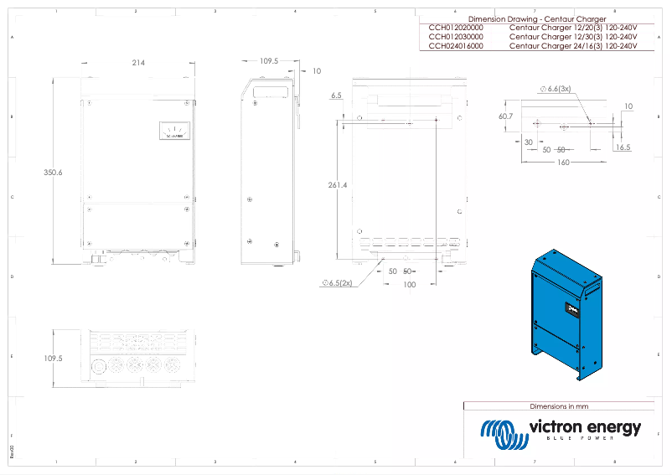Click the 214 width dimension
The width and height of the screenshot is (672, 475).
point(138,63)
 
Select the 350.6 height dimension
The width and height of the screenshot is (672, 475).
point(53,172)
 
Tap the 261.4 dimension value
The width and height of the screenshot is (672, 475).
point(338,184)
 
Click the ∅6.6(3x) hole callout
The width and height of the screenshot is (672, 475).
point(555,89)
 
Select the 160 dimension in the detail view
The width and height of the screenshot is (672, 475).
point(562,162)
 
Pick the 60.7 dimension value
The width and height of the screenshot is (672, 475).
point(505,116)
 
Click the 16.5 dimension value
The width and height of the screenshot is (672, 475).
point(623,147)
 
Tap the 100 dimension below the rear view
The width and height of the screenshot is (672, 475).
point(409,285)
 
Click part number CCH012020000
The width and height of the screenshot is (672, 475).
point(456,28)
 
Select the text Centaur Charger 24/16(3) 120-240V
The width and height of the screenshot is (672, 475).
point(573,47)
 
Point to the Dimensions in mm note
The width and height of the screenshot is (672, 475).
point(561,405)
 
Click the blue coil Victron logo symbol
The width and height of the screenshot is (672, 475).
point(501,431)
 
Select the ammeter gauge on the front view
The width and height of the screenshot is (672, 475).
point(174,130)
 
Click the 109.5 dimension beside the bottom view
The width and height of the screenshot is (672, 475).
point(53,358)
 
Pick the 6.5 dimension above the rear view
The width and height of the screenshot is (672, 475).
point(336,96)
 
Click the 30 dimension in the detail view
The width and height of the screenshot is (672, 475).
point(529,142)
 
